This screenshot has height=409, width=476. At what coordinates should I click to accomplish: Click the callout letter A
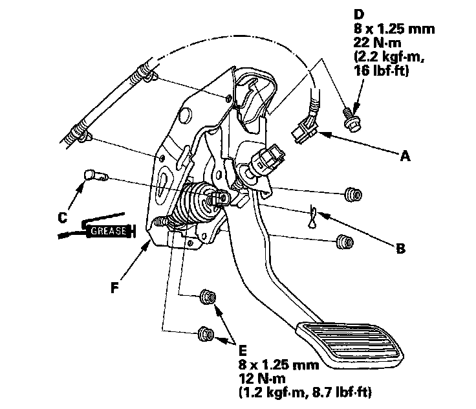[405, 155]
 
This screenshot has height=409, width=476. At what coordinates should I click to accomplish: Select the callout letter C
[63, 218]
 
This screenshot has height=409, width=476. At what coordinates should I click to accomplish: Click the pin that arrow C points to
[92, 175]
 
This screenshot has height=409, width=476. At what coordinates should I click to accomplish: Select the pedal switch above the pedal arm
[266, 159]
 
